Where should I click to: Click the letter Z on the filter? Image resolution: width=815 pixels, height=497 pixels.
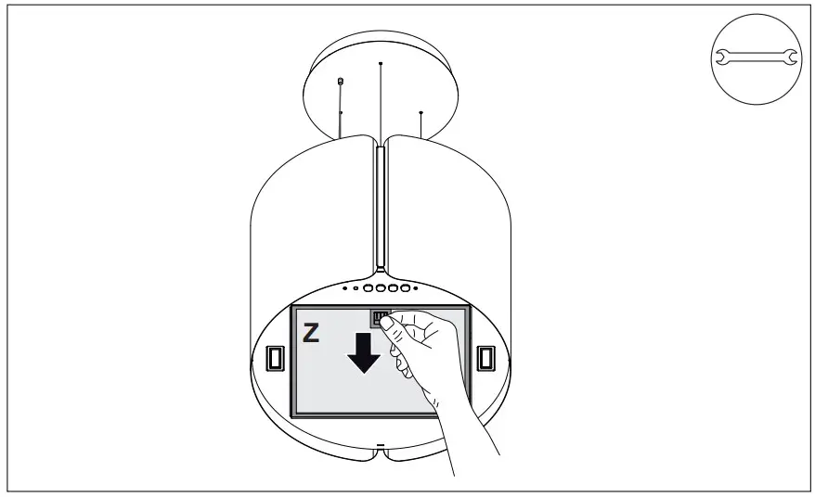[312, 334]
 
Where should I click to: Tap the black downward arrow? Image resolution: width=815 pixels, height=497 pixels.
[364, 352]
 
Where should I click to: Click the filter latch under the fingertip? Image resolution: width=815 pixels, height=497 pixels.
[380, 318]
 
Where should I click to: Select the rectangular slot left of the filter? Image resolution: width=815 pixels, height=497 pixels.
[275, 358]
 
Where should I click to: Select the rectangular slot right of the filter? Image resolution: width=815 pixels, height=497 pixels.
[486, 358]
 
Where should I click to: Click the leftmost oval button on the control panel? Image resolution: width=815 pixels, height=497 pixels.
[369, 289]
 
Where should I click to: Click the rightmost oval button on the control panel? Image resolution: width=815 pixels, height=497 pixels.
[404, 289]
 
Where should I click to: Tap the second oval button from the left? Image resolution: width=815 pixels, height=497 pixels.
[381, 289]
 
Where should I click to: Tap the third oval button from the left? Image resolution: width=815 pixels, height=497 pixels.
[392, 289]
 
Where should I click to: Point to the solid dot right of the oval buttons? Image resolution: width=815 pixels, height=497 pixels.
[415, 288]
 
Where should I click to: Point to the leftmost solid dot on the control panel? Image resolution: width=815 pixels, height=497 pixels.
[345, 288]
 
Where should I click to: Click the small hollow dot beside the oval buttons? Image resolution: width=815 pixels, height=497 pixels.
[357, 289]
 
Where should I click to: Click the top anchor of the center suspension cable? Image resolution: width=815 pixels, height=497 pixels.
[381, 63]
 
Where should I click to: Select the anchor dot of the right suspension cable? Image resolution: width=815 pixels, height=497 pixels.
[421, 113]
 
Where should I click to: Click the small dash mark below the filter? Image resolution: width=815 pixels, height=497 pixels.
[380, 447]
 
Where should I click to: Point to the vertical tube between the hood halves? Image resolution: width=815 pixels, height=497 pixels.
[381, 204]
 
